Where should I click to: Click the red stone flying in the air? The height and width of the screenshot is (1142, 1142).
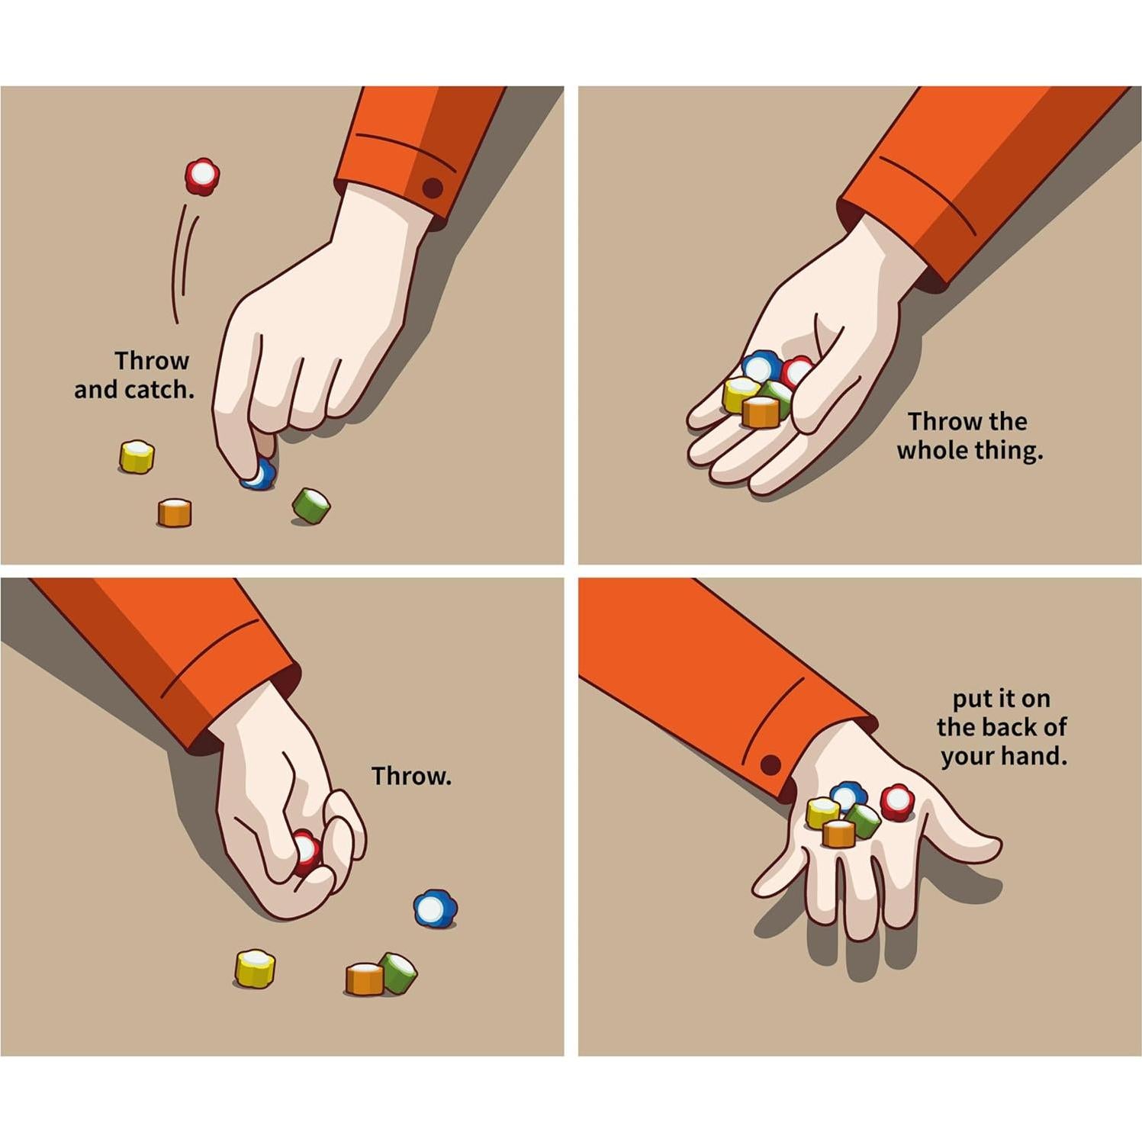202,176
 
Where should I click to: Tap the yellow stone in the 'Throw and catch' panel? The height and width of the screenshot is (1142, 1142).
137,457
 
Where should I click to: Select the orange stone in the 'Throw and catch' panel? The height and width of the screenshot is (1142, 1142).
175,513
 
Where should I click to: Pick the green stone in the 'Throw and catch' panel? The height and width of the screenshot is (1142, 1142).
311,506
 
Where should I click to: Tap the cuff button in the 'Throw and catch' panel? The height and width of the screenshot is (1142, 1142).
433,188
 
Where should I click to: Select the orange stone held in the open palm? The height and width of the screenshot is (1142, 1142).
761,412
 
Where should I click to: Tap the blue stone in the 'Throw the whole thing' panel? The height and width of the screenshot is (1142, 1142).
760,367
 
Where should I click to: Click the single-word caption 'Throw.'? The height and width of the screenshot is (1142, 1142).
411,776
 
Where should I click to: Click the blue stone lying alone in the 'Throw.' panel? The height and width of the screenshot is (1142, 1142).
435,909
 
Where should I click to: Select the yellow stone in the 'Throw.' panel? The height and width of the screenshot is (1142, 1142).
255,968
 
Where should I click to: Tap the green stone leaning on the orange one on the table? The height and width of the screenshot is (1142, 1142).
399,972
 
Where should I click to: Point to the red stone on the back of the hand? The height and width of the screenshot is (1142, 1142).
897,802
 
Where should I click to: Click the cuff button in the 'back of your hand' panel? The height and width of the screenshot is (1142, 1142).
770,764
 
